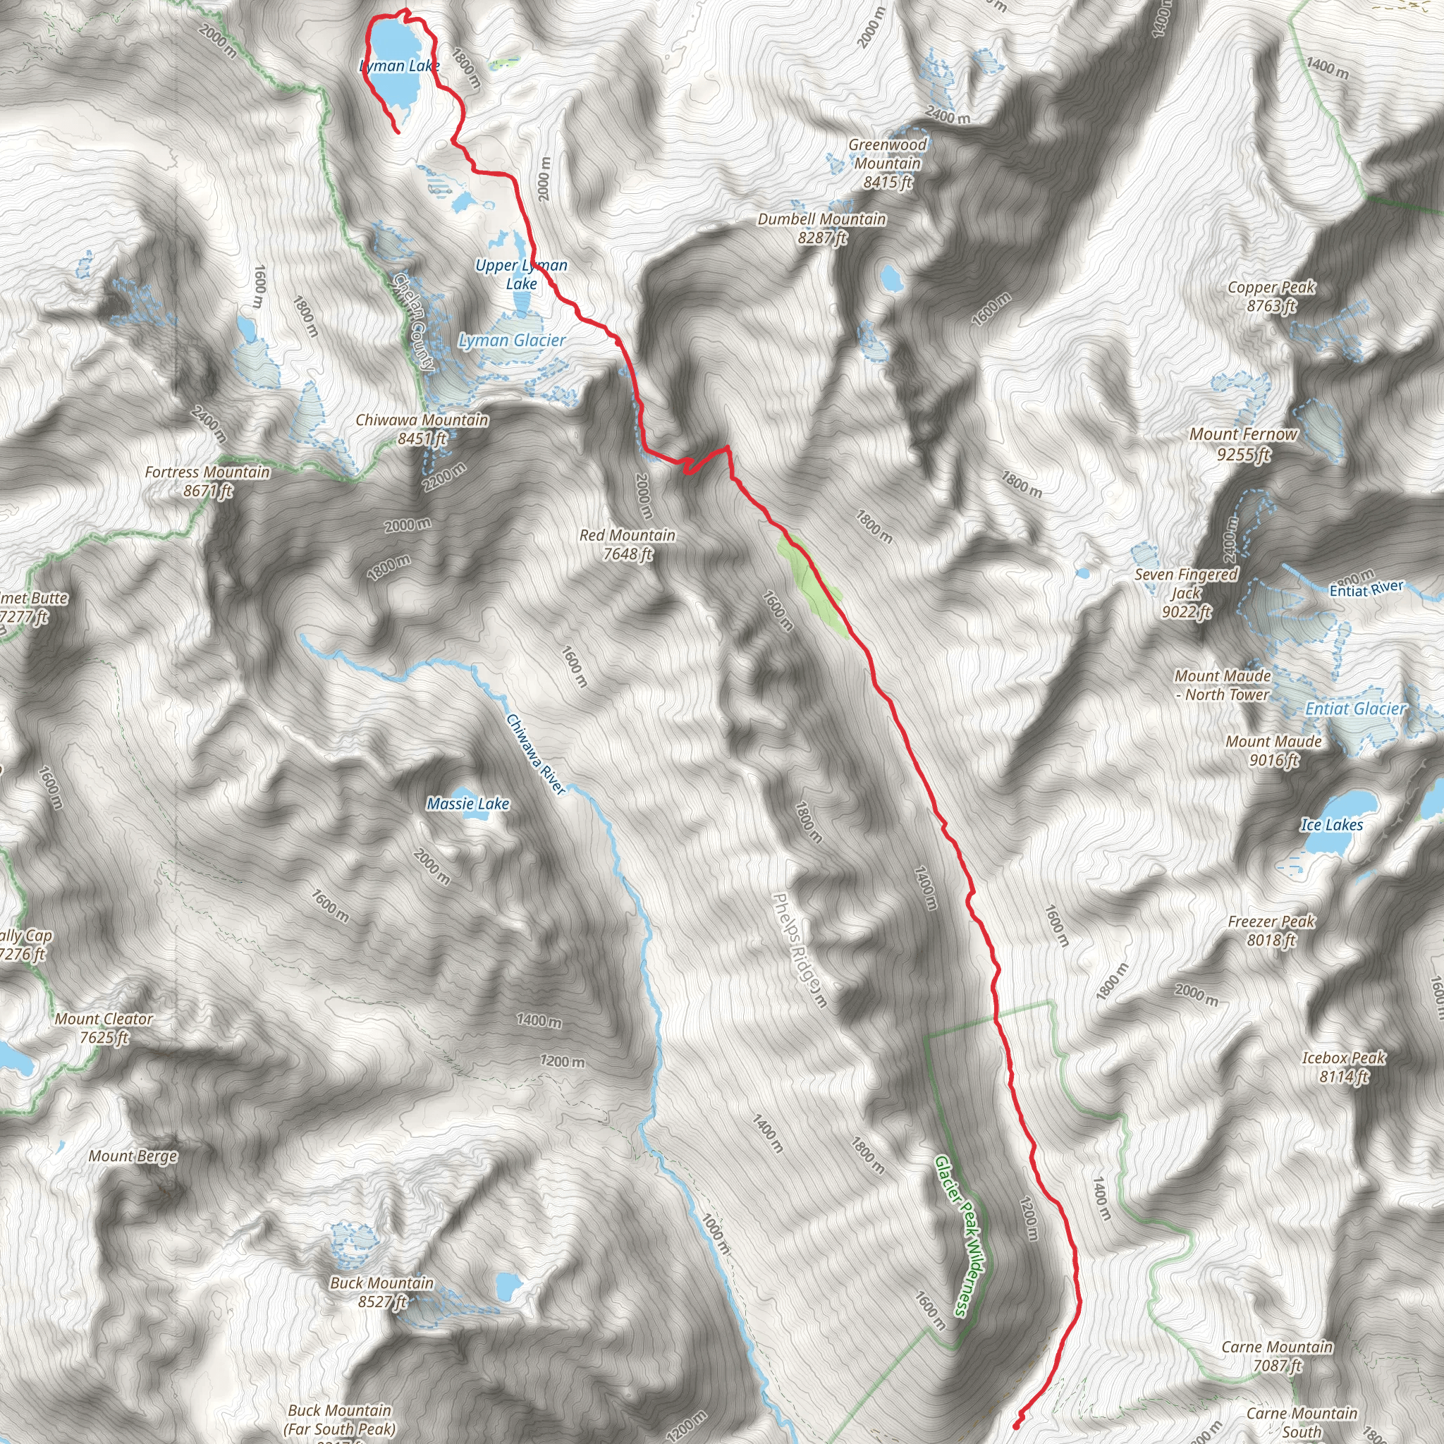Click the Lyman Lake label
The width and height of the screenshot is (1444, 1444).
coord(399,66)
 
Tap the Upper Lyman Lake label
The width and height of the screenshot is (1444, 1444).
coord(521,274)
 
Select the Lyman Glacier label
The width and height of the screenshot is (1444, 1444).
coord(512,341)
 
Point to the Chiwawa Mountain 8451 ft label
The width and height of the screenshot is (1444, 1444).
coord(422,429)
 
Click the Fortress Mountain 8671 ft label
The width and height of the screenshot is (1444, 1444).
coord(207,482)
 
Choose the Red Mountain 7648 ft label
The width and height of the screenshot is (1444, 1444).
coord(627,544)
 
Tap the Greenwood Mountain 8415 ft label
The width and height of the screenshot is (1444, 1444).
coord(887,163)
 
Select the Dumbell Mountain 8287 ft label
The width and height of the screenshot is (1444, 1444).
coord(821,228)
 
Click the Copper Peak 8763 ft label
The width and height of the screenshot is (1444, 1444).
coord(1271,296)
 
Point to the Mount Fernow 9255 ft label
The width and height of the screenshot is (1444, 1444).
coord(1244,444)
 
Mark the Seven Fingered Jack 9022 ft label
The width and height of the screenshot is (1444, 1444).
coord(1186,594)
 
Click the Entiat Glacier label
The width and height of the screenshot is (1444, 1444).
coord(1356,709)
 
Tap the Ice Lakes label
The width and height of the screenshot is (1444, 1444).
coord(1332,825)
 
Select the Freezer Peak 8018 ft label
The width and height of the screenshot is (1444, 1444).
coord(1271,931)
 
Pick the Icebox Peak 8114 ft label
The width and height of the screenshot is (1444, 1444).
coord(1344,1067)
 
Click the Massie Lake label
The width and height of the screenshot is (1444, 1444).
coord(468,804)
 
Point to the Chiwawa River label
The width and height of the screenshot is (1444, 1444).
coord(535,754)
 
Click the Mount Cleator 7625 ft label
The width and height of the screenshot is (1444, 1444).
coord(104,1028)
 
